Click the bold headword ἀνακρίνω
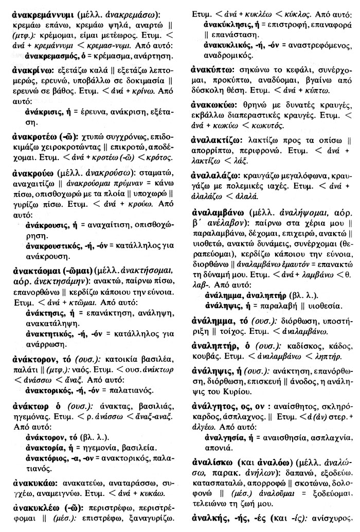(x=30, y=71)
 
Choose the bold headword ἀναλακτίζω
(x=214, y=140)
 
